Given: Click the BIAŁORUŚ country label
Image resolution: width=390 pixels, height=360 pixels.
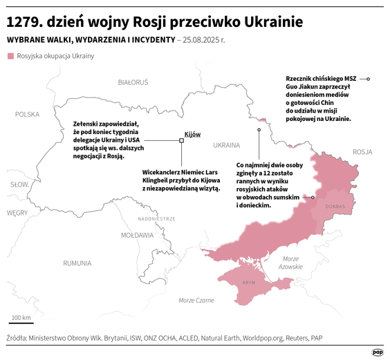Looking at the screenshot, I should [x=133, y=82].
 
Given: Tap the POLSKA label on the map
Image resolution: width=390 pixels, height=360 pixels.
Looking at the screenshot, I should [x=28, y=115].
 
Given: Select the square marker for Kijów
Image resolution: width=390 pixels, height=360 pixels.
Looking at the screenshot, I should [x=181, y=141].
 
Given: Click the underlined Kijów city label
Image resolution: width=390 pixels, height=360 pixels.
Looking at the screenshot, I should [x=192, y=134].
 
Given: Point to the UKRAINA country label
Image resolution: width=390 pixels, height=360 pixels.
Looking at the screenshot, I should [x=226, y=146].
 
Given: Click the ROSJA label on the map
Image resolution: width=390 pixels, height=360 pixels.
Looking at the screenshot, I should [x=362, y=151].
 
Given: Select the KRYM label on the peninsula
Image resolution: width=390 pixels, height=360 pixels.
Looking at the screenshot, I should [x=249, y=283].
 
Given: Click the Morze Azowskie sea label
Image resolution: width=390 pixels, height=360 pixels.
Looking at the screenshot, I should [x=290, y=263].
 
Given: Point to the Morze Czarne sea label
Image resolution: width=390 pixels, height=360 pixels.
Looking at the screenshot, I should [x=196, y=300].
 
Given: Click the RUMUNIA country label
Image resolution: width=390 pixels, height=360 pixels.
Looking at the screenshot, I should [x=77, y=263].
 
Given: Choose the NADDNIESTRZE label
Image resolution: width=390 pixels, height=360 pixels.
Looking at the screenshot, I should [x=157, y=218].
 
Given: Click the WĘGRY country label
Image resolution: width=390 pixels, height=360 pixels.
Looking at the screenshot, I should [x=17, y=213].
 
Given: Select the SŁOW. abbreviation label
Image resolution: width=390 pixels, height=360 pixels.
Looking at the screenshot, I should [x=18, y=184].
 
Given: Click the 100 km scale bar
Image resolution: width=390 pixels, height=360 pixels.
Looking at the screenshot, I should [x=21, y=323].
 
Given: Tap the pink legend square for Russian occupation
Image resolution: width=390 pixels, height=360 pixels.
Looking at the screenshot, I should [x=10, y=56].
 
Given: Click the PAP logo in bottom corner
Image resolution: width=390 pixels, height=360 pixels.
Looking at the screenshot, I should [x=377, y=352].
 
